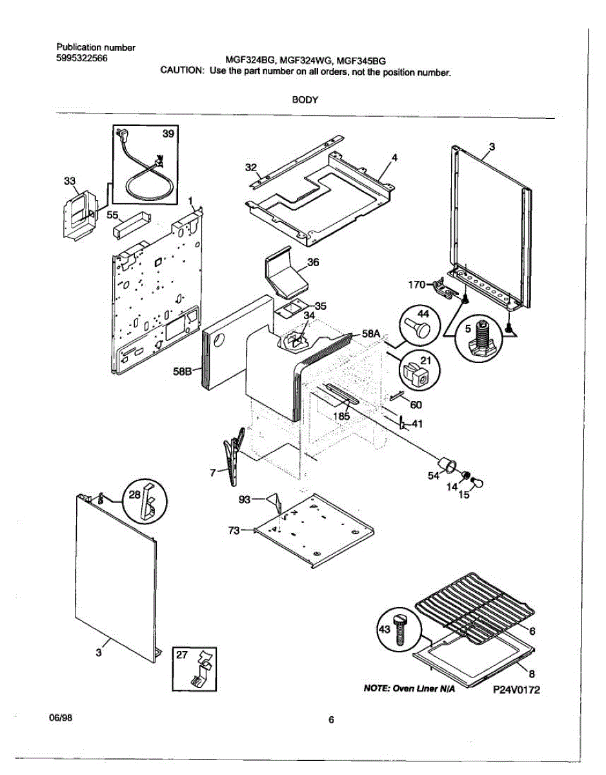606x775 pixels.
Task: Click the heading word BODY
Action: pyautogui.click(x=303, y=100)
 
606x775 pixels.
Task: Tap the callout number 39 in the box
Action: pyautogui.click(x=168, y=134)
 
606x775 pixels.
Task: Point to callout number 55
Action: pyautogui.click(x=112, y=216)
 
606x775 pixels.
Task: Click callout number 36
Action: pyautogui.click(x=312, y=262)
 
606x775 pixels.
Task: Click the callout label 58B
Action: pyautogui.click(x=183, y=371)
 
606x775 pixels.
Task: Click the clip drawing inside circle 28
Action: pyautogui.click(x=147, y=500)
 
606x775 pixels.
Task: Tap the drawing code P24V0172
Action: pyautogui.click(x=516, y=690)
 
